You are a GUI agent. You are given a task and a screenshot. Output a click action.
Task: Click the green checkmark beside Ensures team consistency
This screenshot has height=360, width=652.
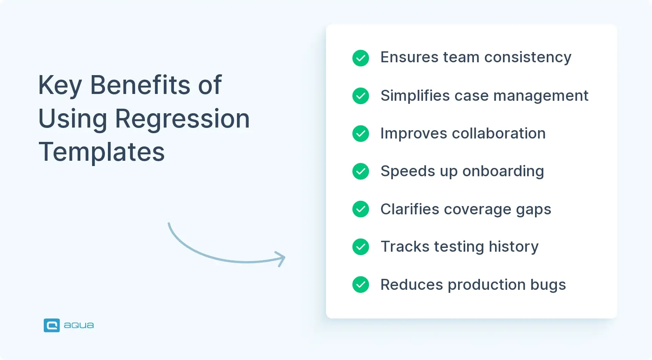tap(361, 58)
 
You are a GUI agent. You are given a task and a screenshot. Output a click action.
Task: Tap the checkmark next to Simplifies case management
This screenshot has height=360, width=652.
tap(361, 96)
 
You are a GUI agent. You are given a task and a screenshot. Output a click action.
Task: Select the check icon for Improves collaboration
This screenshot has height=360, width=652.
tap(361, 134)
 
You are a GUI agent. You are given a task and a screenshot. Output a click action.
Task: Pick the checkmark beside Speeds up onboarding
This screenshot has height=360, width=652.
tap(361, 171)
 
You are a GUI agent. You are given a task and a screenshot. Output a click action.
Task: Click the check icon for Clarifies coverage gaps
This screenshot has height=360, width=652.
tap(361, 209)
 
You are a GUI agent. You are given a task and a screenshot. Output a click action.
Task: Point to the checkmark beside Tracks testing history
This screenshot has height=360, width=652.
tap(361, 247)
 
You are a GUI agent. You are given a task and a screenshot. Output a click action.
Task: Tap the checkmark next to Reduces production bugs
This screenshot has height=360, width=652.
tap(361, 285)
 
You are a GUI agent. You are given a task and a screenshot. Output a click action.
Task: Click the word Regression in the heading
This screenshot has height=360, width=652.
tap(182, 119)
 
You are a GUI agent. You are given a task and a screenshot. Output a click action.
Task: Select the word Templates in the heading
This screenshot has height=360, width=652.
tap(101, 152)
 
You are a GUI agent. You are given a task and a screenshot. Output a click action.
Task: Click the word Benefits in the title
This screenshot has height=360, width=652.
tap(141, 85)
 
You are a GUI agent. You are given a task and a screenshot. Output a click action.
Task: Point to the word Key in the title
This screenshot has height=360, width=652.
tap(60, 86)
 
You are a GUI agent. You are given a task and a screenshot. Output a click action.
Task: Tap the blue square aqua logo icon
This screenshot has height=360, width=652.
tap(52, 325)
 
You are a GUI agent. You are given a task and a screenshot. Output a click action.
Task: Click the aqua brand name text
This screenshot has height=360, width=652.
tap(79, 325)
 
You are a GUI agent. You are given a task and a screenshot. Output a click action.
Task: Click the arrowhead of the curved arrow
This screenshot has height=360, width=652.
tap(281, 258)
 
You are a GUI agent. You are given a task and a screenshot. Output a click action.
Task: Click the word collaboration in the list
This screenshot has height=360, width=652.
tap(498, 133)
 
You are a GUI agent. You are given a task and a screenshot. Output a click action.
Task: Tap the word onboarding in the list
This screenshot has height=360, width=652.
tap(503, 171)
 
